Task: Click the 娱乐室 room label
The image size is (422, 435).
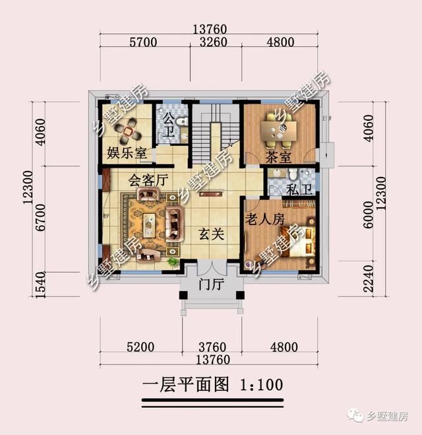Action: click(x=127, y=154)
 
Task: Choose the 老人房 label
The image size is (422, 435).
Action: click(x=265, y=219)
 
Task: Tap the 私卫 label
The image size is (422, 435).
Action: click(x=295, y=190)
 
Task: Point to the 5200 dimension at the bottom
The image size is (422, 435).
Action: click(x=138, y=347)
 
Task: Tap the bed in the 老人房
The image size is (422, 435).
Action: click(x=297, y=248)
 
